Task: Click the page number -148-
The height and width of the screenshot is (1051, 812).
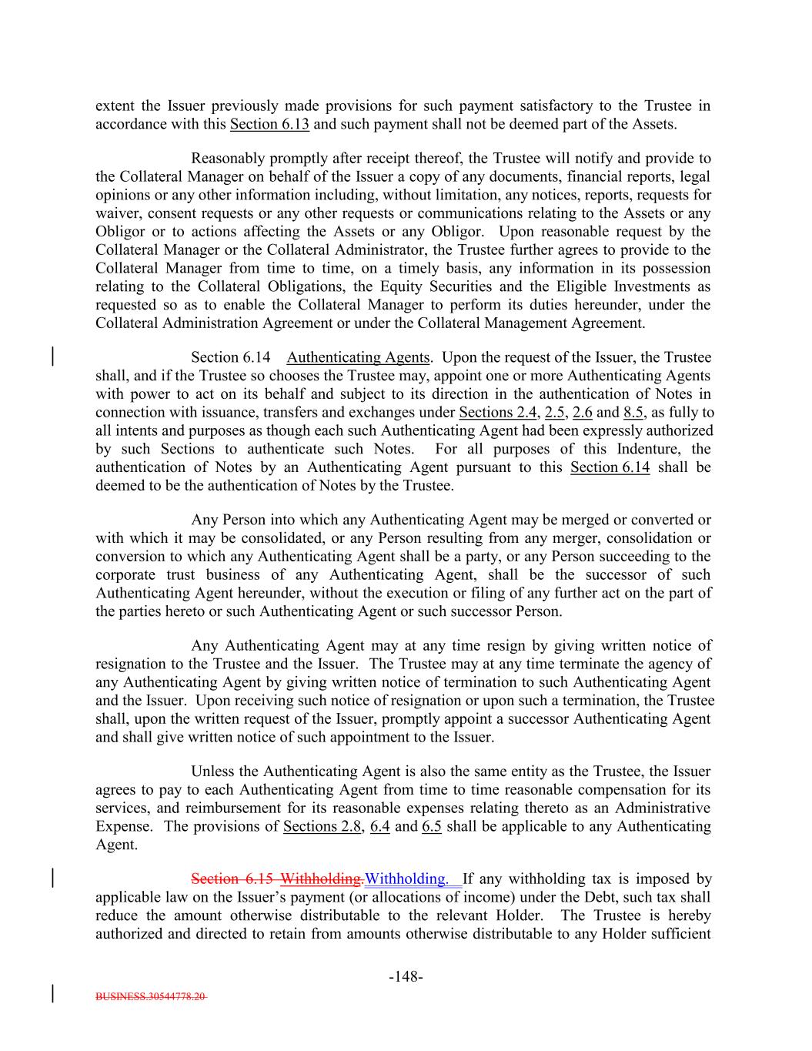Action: click(x=406, y=977)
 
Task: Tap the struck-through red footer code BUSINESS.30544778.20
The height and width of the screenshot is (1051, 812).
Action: click(x=151, y=996)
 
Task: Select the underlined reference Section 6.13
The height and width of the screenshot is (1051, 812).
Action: click(x=269, y=124)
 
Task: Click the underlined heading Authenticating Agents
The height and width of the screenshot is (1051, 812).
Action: click(x=358, y=357)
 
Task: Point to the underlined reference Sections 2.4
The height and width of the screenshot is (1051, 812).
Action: click(x=497, y=412)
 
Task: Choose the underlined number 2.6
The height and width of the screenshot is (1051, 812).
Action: click(x=583, y=412)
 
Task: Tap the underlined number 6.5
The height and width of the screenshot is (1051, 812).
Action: click(x=431, y=826)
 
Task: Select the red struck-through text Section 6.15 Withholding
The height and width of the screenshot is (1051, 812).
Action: click(x=277, y=879)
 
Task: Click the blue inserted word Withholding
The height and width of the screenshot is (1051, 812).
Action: click(x=406, y=879)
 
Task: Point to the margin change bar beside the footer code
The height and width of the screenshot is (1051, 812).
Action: click(x=52, y=992)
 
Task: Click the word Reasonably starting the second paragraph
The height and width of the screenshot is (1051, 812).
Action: click(x=227, y=159)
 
